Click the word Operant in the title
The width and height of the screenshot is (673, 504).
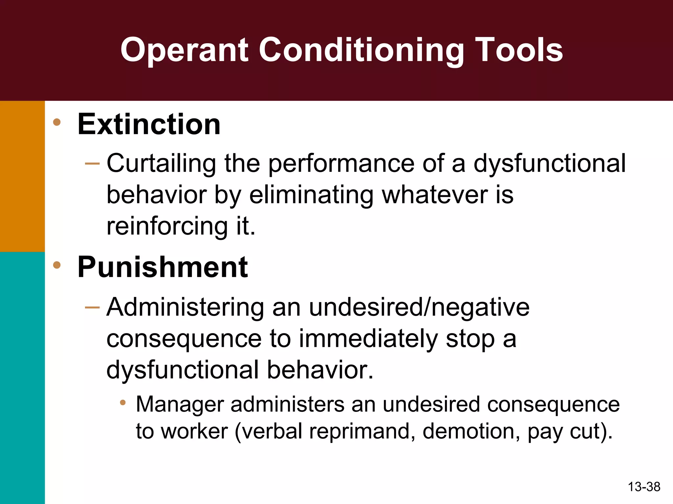click(x=184, y=51)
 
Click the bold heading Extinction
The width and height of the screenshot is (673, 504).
click(x=149, y=124)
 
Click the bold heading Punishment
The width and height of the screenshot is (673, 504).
click(x=163, y=267)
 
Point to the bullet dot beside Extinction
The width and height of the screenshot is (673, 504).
click(x=57, y=122)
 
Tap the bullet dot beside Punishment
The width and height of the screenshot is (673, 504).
click(x=57, y=265)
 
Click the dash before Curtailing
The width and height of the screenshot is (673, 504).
click(x=92, y=163)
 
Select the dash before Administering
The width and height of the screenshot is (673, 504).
click(x=92, y=307)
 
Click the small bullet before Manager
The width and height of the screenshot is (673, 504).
click(x=123, y=403)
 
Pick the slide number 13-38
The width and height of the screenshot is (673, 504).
click(x=644, y=487)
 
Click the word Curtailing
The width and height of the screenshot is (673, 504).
click(x=161, y=164)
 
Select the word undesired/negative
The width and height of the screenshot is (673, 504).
click(x=419, y=308)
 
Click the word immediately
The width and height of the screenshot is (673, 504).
click(x=368, y=339)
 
